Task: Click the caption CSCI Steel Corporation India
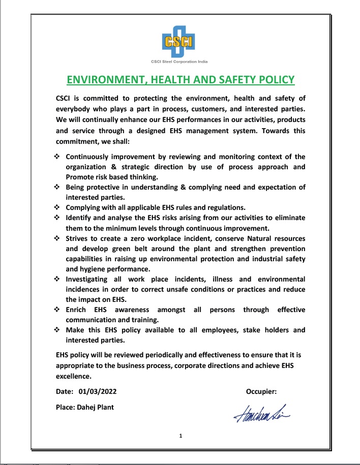click(179, 61)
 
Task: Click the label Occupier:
click(261, 391)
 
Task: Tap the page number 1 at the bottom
click(180, 436)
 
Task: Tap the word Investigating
click(86, 279)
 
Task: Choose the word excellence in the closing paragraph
click(73, 376)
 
